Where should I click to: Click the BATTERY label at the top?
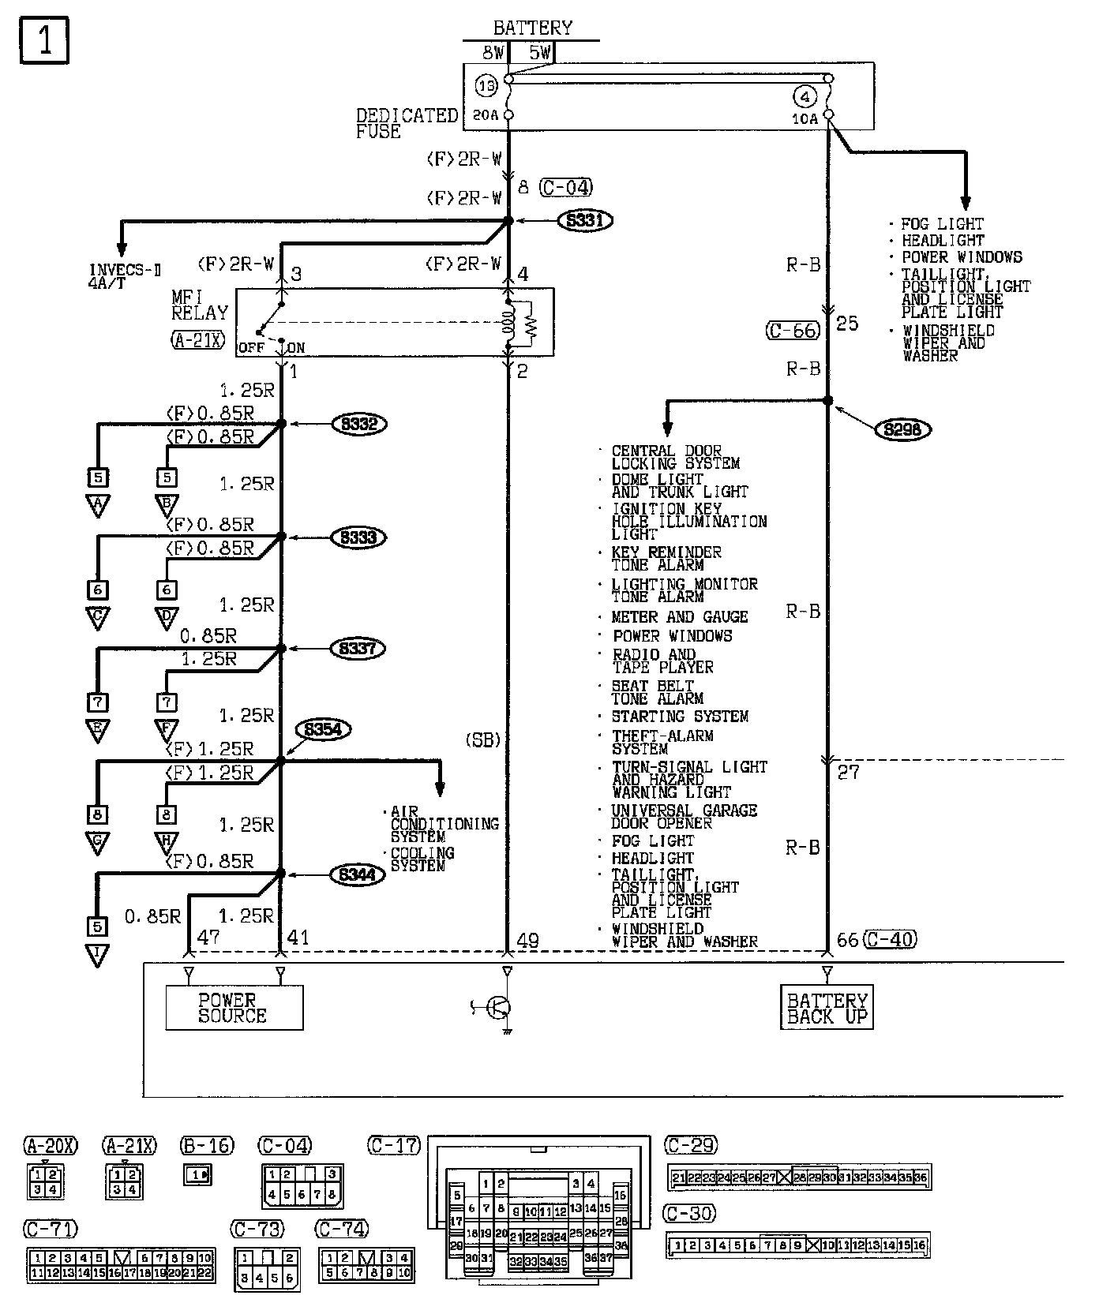click(x=532, y=28)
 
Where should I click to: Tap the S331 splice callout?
click(x=585, y=220)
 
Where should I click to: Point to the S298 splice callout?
click(x=903, y=430)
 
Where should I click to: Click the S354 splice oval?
click(x=323, y=730)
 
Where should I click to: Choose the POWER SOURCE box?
click(x=234, y=1008)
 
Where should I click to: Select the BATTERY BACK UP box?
click(x=827, y=1008)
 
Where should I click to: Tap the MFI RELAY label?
click(x=199, y=305)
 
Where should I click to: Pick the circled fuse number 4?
click(x=805, y=98)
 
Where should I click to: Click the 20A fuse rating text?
click(x=485, y=115)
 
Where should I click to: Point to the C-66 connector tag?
click(x=793, y=330)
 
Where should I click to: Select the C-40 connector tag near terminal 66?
click(x=890, y=939)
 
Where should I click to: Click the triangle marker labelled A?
click(x=98, y=505)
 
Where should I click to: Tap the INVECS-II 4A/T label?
click(x=125, y=277)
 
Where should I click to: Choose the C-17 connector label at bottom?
click(x=394, y=1145)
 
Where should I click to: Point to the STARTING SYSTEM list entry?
click(x=680, y=717)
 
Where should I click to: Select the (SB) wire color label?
click(x=482, y=740)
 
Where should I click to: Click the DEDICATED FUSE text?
click(x=407, y=124)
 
